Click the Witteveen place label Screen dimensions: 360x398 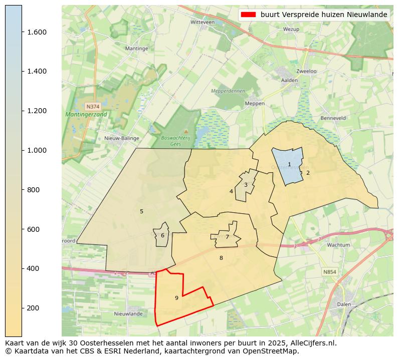(203, 23)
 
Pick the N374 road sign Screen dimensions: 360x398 (93, 107)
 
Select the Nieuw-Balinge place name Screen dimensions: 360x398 (118, 138)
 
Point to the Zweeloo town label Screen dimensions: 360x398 (306, 71)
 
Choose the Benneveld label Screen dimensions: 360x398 (333, 118)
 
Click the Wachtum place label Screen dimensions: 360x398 (338, 245)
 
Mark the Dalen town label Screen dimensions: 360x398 (344, 304)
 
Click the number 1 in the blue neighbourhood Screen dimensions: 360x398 (289, 164)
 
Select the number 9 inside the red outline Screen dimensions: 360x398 (176, 298)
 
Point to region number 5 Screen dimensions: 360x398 (141, 211)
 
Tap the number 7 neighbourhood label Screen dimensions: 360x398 (227, 237)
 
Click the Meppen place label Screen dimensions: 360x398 (254, 104)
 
